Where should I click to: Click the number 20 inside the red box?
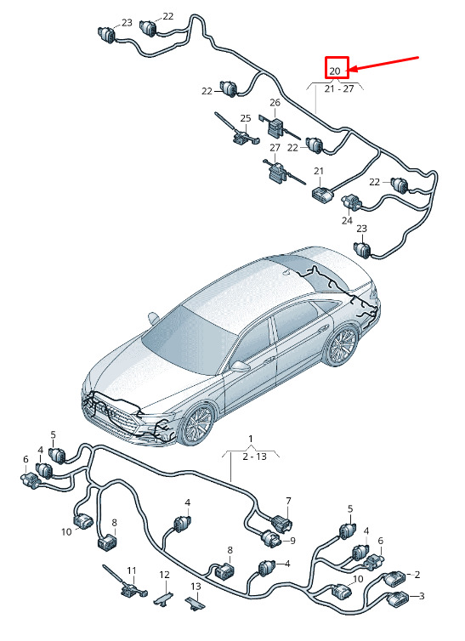[x=335, y=71]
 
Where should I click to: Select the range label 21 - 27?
[x=338, y=88]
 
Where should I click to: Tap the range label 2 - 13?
[x=254, y=457]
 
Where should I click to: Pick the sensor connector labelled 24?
[x=350, y=203]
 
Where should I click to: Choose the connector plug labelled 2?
[x=394, y=578]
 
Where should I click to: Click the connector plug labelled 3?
[x=396, y=598]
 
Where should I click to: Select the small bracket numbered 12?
[x=164, y=599]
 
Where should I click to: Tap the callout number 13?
[x=196, y=587]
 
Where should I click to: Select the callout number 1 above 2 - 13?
[x=251, y=440]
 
